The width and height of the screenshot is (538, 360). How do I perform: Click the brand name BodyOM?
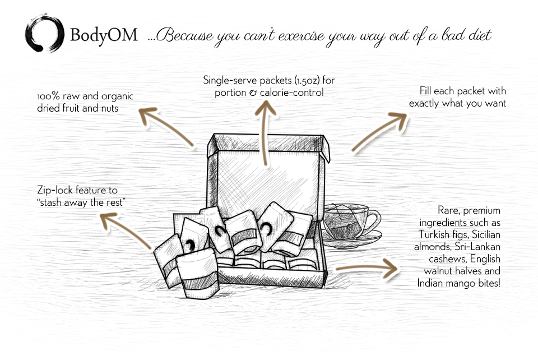pyautogui.click(x=104, y=35)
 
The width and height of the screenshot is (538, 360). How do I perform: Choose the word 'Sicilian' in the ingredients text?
pyautogui.click(x=486, y=234)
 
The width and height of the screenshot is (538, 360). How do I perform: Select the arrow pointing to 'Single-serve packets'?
pyautogui.click(x=265, y=133)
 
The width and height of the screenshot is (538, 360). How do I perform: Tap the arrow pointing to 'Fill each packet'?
pyautogui.click(x=379, y=132)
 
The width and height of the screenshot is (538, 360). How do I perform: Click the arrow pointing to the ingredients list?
pyautogui.click(x=367, y=267)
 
